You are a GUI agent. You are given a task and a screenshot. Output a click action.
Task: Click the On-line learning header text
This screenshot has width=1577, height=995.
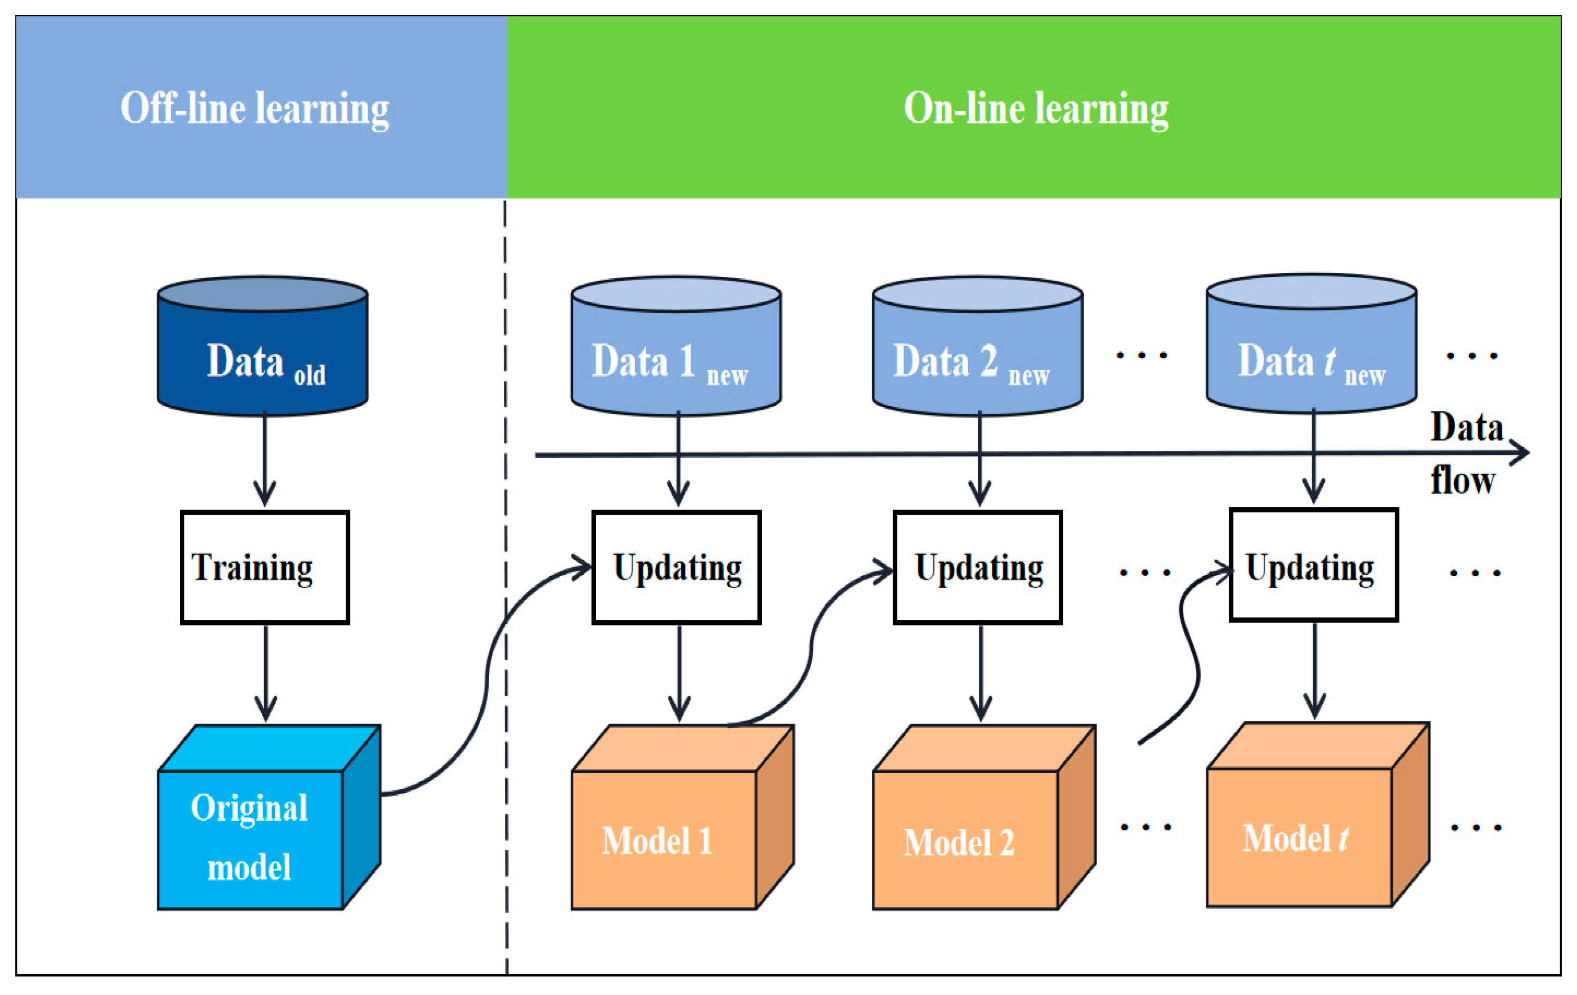point(1036,109)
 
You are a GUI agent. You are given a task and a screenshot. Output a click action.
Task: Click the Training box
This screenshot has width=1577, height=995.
point(265,567)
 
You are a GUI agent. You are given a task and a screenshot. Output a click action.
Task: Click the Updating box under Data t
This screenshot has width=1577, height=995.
point(1314,565)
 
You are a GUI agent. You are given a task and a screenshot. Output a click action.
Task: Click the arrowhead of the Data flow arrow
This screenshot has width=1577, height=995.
point(1521,452)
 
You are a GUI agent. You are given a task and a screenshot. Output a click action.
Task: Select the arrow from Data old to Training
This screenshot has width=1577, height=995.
point(265,459)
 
